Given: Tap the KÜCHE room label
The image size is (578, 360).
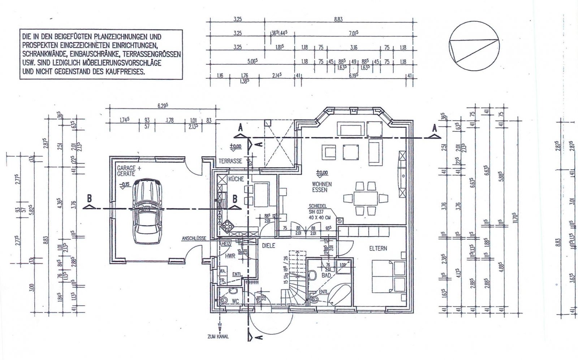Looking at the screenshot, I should pyautogui.click(x=236, y=179).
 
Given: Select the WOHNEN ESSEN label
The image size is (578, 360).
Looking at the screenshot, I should pyautogui.click(x=322, y=187).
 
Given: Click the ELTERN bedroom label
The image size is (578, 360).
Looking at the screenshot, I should pyautogui.click(x=378, y=248).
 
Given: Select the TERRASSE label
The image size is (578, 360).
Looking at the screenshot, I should pyautogui.click(x=230, y=161).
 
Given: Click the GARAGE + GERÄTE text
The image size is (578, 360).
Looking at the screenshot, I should pyautogui.click(x=126, y=171).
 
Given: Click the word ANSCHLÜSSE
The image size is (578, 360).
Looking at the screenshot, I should pyautogui.click(x=194, y=238).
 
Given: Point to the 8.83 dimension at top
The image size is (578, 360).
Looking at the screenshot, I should pyautogui.click(x=338, y=19).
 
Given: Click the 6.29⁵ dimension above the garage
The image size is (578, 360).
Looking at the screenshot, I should pyautogui.click(x=163, y=105).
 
